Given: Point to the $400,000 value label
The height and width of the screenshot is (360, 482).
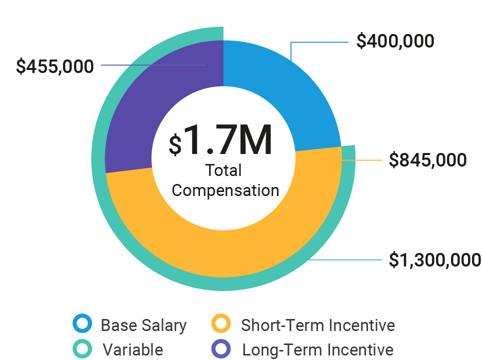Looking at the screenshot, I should (395, 41).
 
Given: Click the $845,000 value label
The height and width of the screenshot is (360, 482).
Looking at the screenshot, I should (427, 160).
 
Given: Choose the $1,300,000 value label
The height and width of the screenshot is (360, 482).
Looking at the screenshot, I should (435, 260).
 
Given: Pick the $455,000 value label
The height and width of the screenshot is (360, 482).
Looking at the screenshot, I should (55, 66).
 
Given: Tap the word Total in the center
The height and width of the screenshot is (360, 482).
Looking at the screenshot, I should (223, 171).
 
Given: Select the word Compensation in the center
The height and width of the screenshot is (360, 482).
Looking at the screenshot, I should (225, 190).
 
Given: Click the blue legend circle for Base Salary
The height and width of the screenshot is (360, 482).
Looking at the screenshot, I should (82, 324).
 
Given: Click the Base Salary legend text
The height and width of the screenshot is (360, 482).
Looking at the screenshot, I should (143, 325).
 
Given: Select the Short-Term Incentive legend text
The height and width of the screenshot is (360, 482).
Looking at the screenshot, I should (318, 325).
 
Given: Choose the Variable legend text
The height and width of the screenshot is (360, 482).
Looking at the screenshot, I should (133, 349).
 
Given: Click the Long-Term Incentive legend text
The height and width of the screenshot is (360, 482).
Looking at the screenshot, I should (318, 349).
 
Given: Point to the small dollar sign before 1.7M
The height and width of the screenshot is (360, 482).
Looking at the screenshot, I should (175, 145).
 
